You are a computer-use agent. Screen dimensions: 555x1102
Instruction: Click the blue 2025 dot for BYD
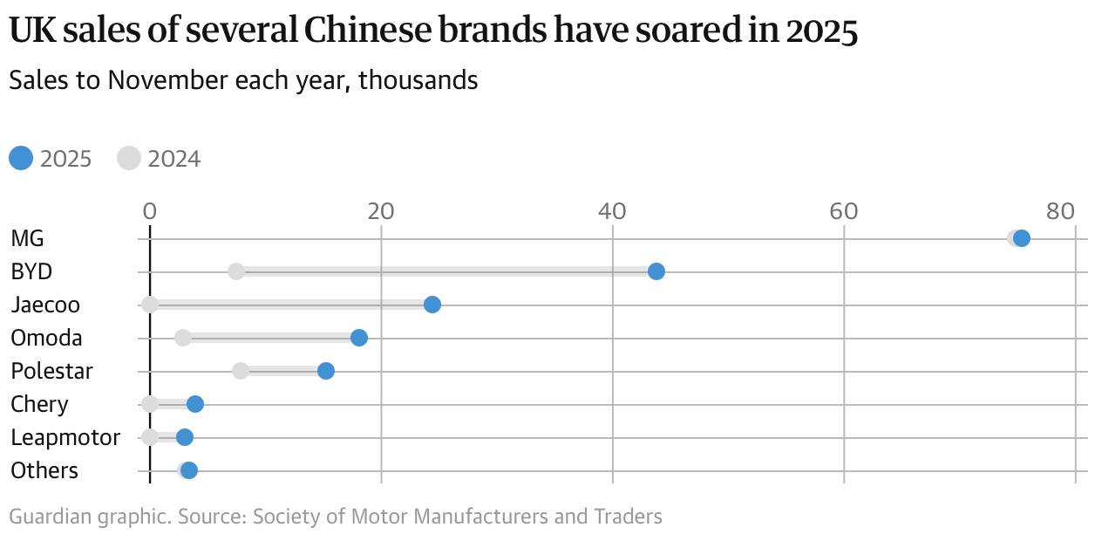pyautogui.click(x=656, y=271)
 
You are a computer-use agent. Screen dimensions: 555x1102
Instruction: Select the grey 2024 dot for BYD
pyautogui.click(x=236, y=271)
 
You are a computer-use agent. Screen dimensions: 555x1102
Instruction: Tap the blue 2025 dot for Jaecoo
pyautogui.click(x=432, y=305)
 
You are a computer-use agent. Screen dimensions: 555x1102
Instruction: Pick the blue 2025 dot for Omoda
pyautogui.click(x=358, y=338)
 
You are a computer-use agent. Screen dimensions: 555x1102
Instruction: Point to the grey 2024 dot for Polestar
pyautogui.click(x=241, y=371)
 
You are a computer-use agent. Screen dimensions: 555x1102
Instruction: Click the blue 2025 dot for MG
pyautogui.click(x=1022, y=238)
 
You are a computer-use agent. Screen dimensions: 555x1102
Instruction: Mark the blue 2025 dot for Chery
pyautogui.click(x=195, y=404)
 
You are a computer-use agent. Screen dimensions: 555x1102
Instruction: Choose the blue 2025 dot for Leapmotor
pyautogui.click(x=184, y=437)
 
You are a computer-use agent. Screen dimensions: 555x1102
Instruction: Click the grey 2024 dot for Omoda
pyautogui.click(x=183, y=338)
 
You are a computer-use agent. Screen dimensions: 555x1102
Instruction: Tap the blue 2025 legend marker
pyautogui.click(x=21, y=159)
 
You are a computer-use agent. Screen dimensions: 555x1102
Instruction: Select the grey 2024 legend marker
pyautogui.click(x=129, y=159)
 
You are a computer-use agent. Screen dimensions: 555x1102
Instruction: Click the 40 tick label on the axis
pyautogui.click(x=613, y=211)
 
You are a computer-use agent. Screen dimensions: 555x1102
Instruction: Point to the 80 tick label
pyautogui.click(x=1060, y=211)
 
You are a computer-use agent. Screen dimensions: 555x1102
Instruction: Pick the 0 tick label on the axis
pyautogui.click(x=150, y=211)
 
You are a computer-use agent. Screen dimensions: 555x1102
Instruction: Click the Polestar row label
pyautogui.click(x=51, y=371)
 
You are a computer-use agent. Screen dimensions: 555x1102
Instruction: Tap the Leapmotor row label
pyautogui.click(x=65, y=437)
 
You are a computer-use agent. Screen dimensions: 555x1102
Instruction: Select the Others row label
pyautogui.click(x=44, y=470)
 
